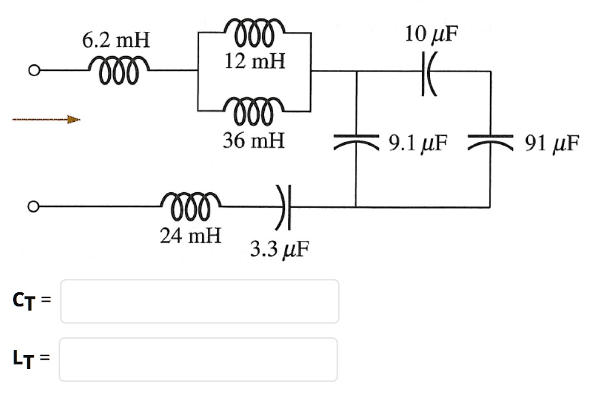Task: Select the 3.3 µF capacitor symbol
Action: [284, 207]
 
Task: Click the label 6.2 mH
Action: [116, 41]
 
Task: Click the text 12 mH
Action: [255, 61]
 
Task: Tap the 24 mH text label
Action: [191, 236]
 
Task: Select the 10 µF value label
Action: [432, 34]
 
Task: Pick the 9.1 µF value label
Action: [418, 144]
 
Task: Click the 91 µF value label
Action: [550, 144]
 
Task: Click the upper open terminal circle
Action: [35, 71]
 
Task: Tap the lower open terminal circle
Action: [35, 207]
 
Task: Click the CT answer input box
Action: [200, 302]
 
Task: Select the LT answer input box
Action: [198, 359]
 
